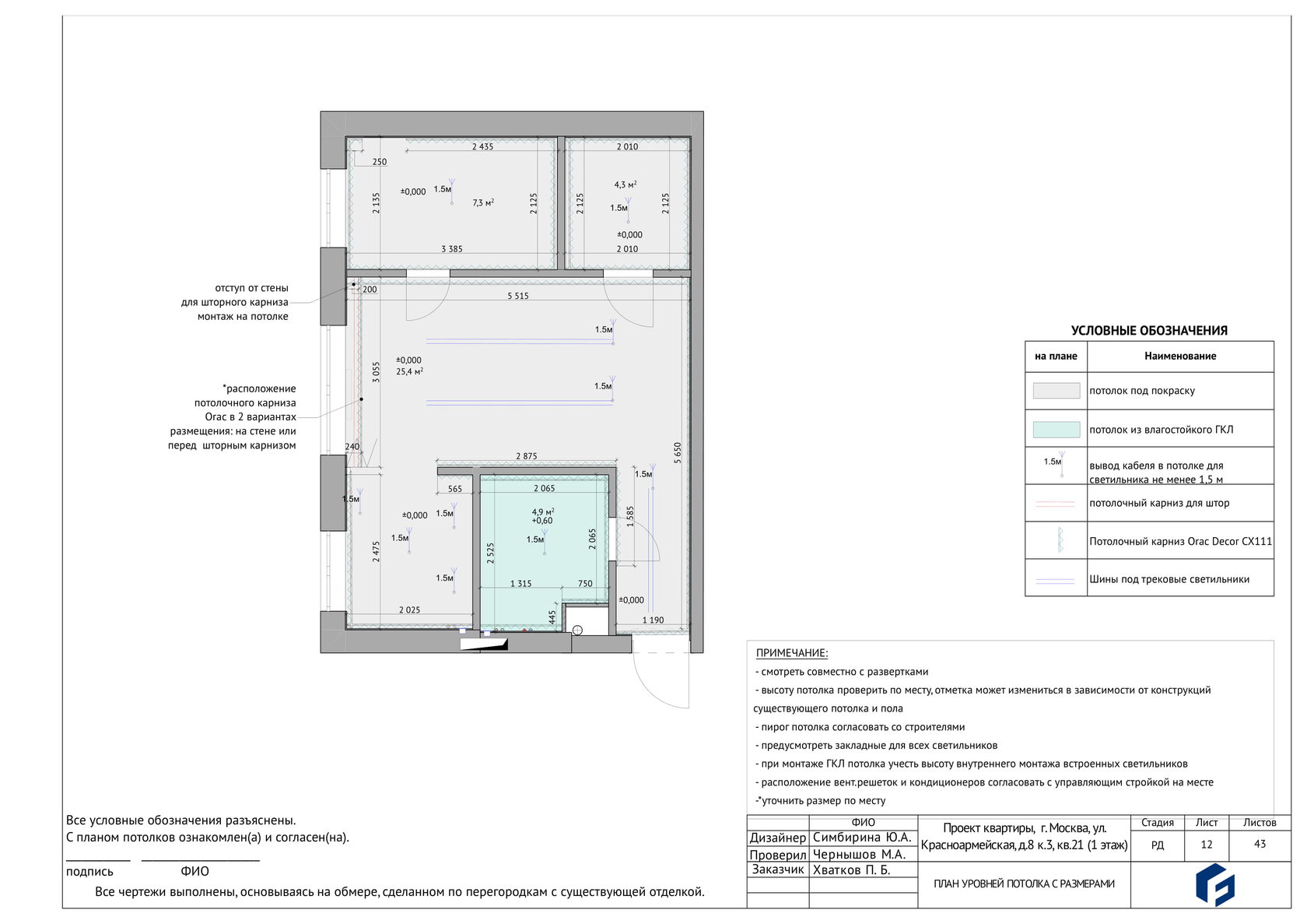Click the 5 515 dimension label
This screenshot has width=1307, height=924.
[x=517, y=296]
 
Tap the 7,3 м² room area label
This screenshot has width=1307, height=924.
[x=483, y=202]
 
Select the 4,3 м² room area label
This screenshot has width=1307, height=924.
[x=625, y=184]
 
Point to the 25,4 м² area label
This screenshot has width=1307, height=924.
[x=409, y=371]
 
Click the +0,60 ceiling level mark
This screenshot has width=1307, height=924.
[x=542, y=521]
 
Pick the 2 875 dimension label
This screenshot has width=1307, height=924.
[x=526, y=456]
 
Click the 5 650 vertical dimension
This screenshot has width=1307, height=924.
[x=678, y=453]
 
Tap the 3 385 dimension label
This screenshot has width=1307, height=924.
[x=451, y=248]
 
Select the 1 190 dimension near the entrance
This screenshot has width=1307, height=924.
[x=653, y=620]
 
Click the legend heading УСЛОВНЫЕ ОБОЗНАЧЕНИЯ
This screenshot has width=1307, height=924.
[x=1149, y=330]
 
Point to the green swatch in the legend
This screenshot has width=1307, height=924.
[x=1056, y=430]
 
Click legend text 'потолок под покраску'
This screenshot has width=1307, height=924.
[x=1142, y=391]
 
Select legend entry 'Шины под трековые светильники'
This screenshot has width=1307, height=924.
[x=1169, y=579]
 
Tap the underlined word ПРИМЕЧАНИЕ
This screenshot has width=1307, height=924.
[x=792, y=653]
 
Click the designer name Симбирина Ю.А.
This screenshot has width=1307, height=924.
[x=862, y=837]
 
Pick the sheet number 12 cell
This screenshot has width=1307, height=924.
[x=1206, y=844]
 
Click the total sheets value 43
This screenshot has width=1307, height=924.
[x=1260, y=844]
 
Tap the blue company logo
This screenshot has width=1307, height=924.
[x=1215, y=885]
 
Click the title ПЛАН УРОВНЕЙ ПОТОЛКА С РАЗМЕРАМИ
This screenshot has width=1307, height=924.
[x=1024, y=884]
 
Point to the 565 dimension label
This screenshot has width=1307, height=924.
[x=454, y=489]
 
